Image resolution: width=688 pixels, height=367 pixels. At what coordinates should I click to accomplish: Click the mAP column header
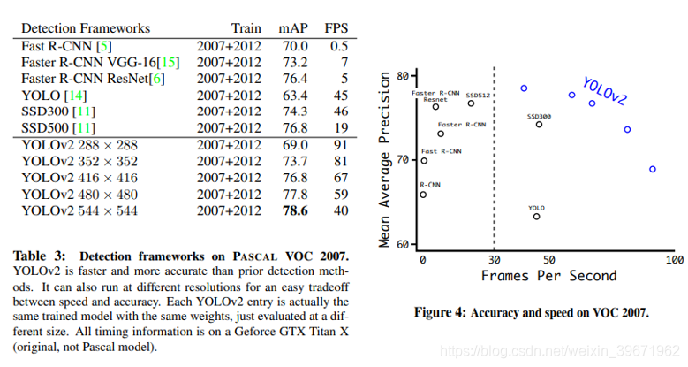pyautogui.click(x=293, y=28)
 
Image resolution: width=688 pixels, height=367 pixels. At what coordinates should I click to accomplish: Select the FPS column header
pyautogui.click(x=336, y=28)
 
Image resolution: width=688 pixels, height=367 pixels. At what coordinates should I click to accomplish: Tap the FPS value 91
pyautogui.click(x=340, y=144)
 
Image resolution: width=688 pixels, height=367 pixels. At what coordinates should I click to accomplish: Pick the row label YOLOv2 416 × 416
pyautogui.click(x=79, y=177)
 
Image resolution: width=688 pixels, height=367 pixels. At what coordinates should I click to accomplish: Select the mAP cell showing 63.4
pyautogui.click(x=293, y=95)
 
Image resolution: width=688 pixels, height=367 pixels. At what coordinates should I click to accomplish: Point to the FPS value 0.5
pyautogui.click(x=338, y=45)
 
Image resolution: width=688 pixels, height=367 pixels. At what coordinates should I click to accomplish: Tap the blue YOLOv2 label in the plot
pyautogui.click(x=604, y=92)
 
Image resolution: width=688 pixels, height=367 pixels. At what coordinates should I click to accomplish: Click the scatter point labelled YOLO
pyautogui.click(x=536, y=216)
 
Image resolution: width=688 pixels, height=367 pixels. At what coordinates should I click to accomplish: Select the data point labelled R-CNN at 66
pyautogui.click(x=423, y=195)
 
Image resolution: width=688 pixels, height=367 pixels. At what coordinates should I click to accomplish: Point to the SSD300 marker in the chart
pyautogui.click(x=539, y=124)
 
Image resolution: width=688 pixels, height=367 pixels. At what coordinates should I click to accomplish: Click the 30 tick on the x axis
pyautogui.click(x=494, y=260)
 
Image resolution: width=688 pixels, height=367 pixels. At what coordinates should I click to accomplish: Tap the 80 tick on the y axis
pyautogui.click(x=404, y=75)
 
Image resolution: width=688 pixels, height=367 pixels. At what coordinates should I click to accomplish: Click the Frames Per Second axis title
pyautogui.click(x=548, y=276)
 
